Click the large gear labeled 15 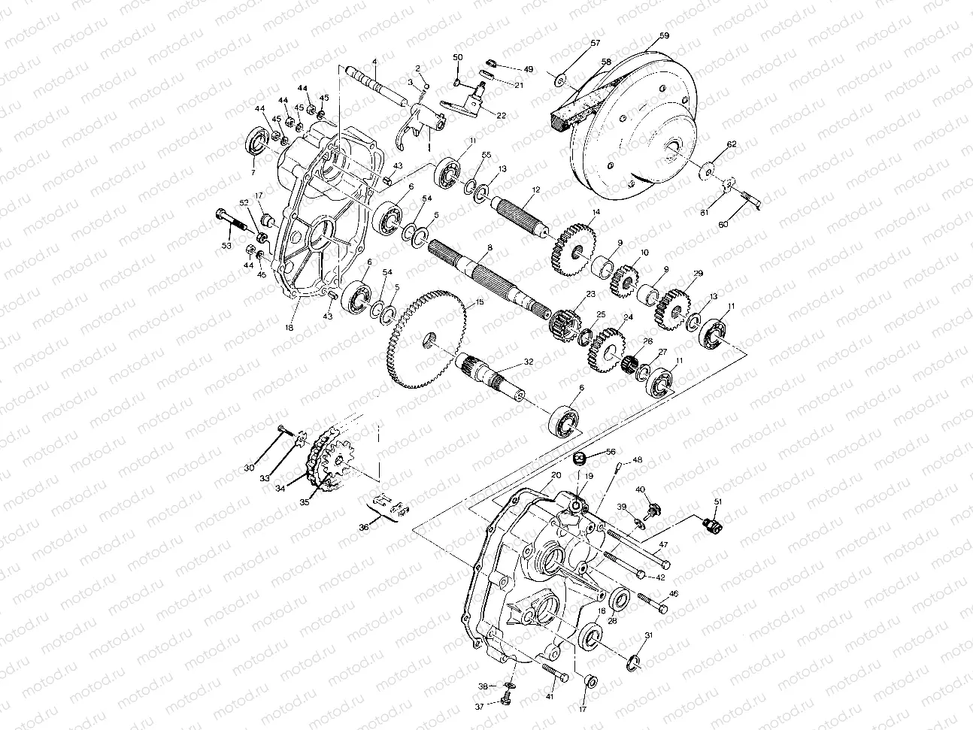point(425,342)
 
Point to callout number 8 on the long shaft point(490,247)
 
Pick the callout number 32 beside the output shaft point(529,362)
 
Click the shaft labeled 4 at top point(376,83)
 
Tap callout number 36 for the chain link point(365,529)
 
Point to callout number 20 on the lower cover point(556,476)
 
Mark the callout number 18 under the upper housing point(289,329)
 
